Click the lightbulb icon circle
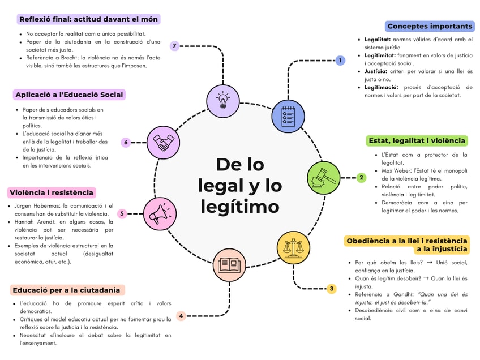(223, 100)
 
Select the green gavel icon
(323, 177)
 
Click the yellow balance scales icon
(293, 248)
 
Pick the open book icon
(229, 264)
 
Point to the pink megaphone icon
(160, 213)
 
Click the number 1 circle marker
(340, 60)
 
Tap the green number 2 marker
(362, 177)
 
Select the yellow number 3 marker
(332, 289)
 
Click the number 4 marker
(181, 316)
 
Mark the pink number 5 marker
(122, 213)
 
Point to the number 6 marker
(126, 143)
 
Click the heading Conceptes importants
(430, 26)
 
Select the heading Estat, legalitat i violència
(417, 140)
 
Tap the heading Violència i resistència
(52, 192)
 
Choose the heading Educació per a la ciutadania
(67, 290)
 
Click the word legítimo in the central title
(239, 206)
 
